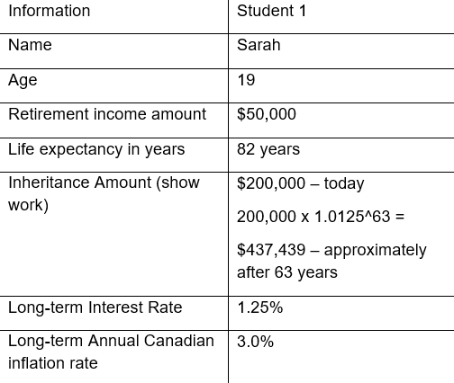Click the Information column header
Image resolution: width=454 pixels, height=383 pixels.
point(50,12)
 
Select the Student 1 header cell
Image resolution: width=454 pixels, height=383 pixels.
point(272,12)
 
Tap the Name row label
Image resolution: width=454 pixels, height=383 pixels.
point(30,45)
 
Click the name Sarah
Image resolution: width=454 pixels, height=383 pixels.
point(259,45)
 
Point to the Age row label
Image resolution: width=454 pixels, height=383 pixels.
point(23,80)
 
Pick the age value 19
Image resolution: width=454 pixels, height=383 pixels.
point(246,80)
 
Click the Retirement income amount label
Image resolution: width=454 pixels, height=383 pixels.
point(107,114)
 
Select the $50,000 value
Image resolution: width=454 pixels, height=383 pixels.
point(267,114)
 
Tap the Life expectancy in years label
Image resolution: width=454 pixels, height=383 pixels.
point(96,149)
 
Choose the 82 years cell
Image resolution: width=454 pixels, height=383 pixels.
point(268,149)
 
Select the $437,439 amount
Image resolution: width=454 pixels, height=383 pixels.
point(269,250)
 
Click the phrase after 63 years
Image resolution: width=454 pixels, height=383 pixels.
point(287,272)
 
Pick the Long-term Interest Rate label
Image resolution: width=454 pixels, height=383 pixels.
point(95,307)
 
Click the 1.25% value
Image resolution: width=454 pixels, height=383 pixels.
point(259,307)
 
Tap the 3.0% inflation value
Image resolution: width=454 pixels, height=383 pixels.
point(255,342)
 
